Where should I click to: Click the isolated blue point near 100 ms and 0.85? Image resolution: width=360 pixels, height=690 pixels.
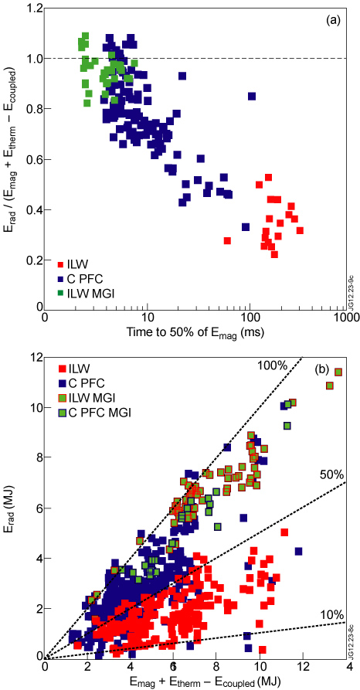252,97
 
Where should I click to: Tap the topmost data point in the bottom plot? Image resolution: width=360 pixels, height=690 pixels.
338,372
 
